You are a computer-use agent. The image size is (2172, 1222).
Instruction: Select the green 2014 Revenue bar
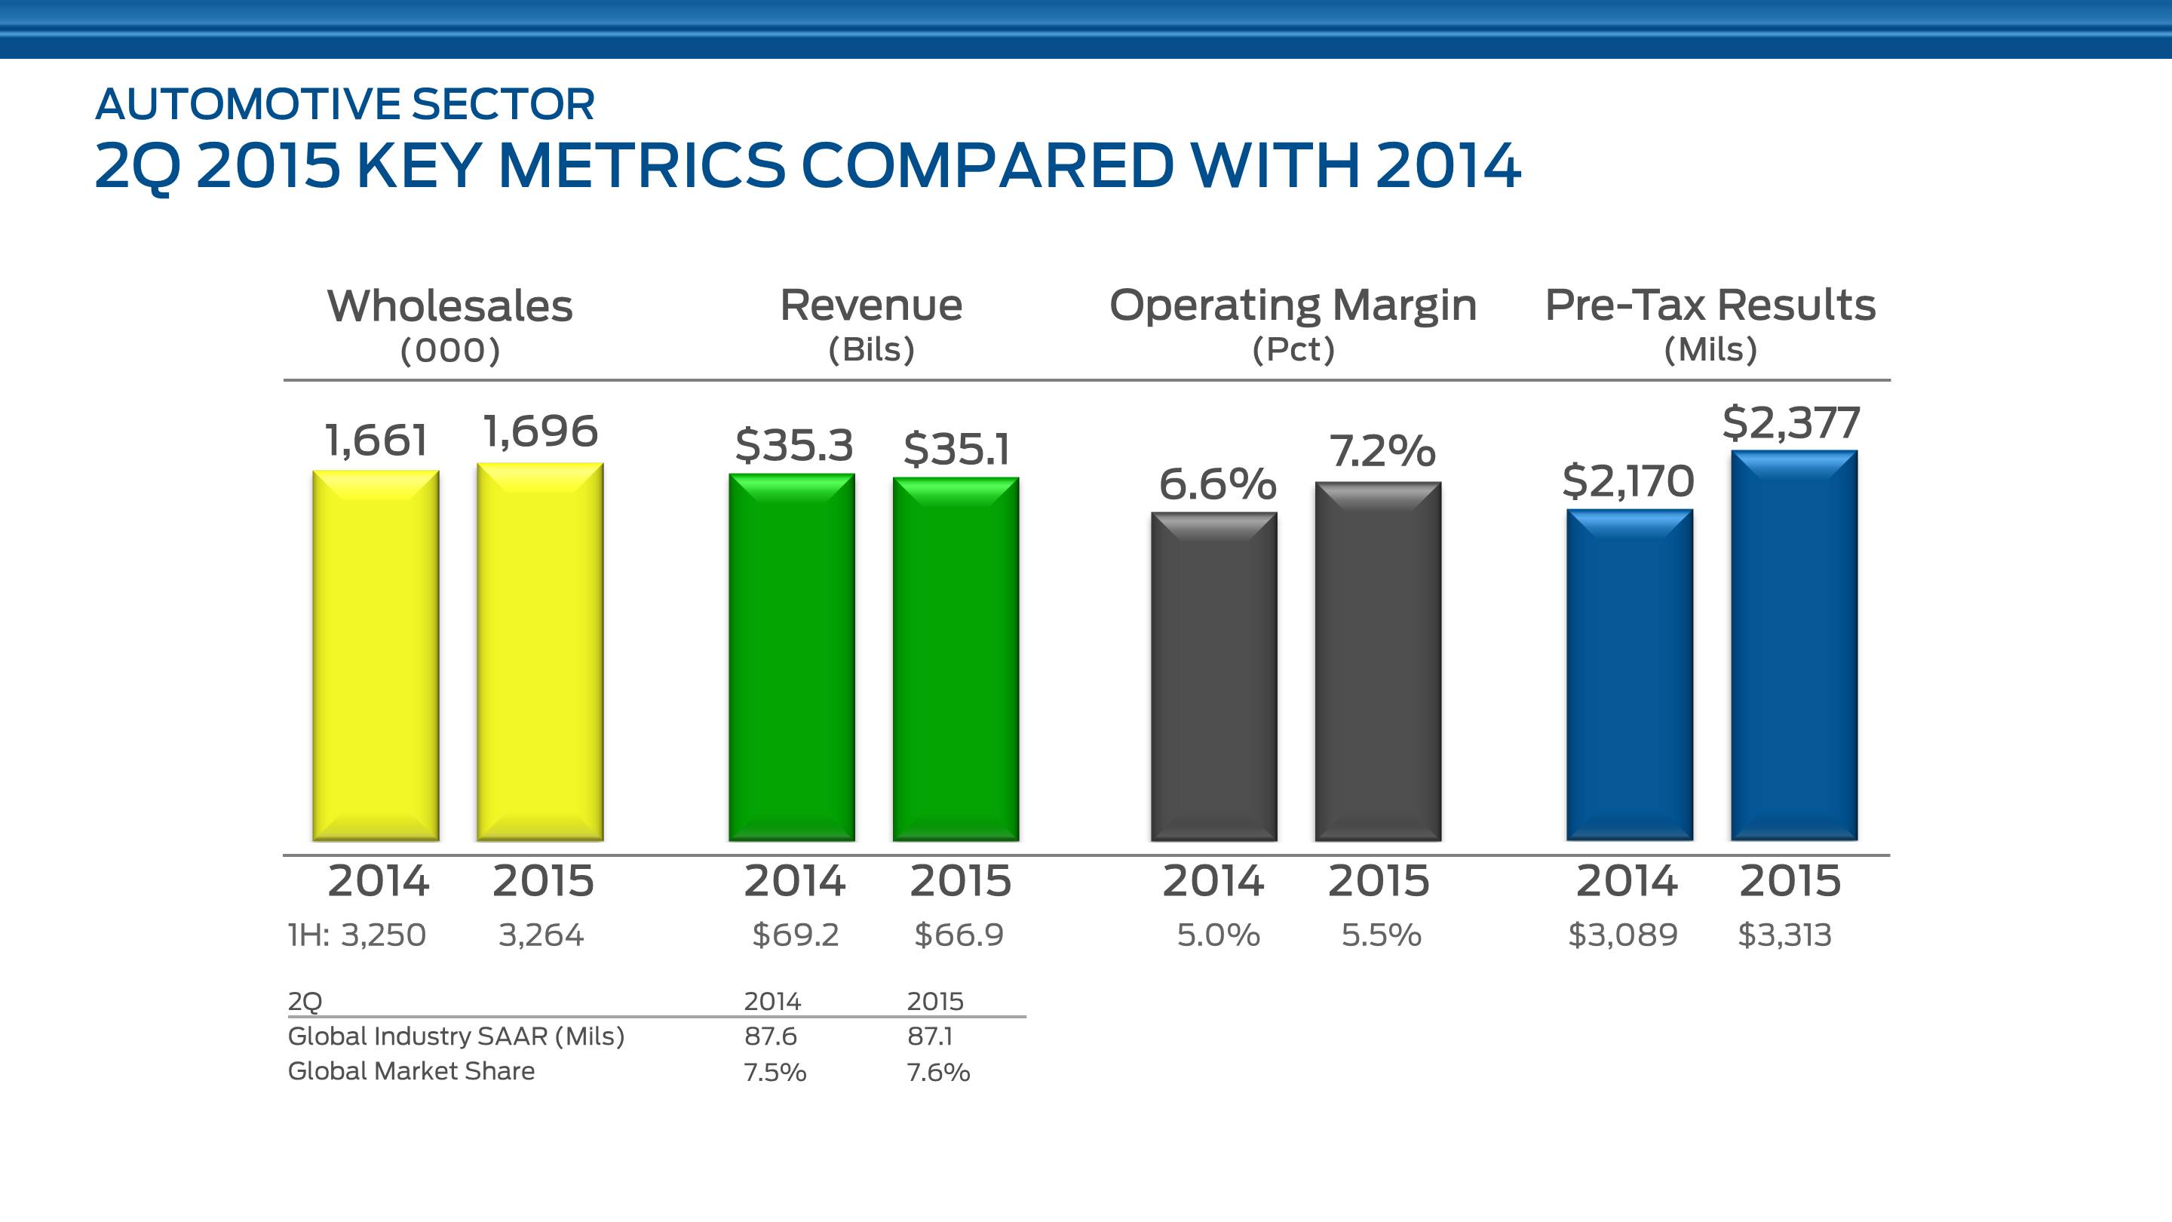point(792,657)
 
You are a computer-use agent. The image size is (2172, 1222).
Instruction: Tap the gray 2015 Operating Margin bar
point(1378,662)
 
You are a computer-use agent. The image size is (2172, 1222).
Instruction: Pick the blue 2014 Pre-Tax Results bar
point(1629,674)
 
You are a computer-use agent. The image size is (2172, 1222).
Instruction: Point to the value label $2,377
point(1791,422)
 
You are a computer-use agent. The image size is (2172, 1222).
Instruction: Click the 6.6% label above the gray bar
point(1216,484)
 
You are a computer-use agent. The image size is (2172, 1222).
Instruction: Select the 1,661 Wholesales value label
point(376,441)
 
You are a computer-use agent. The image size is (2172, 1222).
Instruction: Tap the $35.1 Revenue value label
point(956,449)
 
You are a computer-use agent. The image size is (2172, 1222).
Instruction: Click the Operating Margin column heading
point(1293,305)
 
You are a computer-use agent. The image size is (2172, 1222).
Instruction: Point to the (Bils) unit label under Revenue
point(871,349)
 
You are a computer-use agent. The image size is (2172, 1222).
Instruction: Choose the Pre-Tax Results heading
point(1710,305)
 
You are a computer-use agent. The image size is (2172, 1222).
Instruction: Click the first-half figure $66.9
point(959,935)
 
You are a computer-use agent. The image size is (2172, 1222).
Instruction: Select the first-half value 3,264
point(541,935)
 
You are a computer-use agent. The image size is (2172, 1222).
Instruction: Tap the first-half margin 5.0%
point(1217,935)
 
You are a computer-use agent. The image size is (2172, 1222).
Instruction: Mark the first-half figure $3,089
point(1622,935)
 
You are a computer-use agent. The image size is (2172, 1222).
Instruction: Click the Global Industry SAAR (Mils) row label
point(456,1036)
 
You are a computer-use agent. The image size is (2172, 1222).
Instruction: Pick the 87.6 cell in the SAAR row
point(770,1036)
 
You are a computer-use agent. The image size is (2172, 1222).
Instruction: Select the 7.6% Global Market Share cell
point(937,1072)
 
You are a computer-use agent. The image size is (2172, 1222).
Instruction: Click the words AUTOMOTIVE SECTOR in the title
point(345,105)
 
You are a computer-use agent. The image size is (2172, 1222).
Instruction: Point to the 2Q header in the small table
point(305,1001)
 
